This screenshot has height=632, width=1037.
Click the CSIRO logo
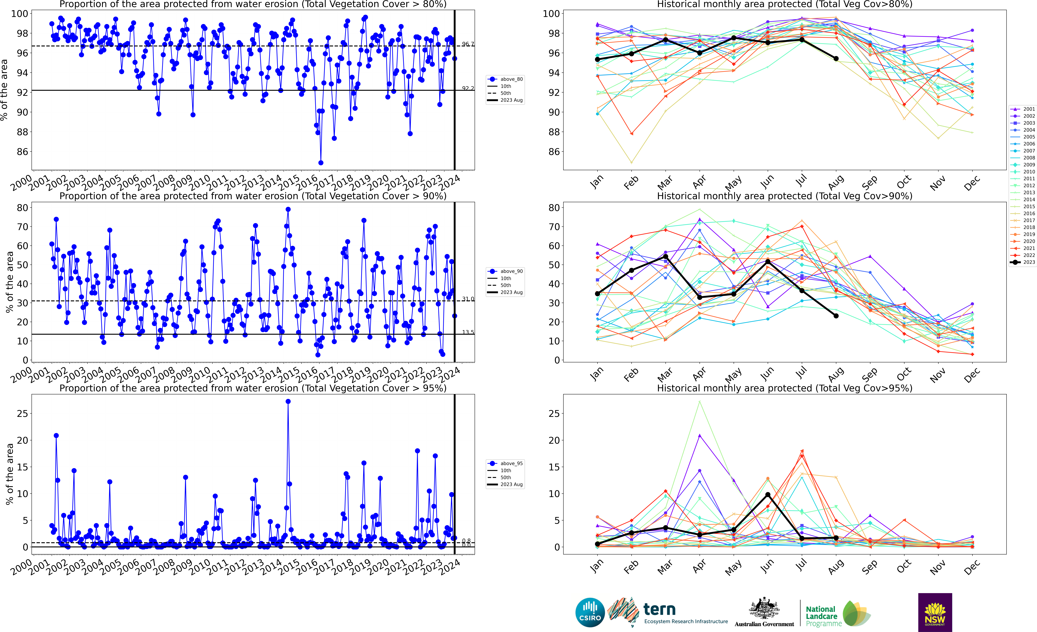point(590,612)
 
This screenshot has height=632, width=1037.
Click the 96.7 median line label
point(468,44)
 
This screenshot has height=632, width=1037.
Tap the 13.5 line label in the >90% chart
point(468,332)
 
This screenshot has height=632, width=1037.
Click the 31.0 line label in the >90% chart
point(468,299)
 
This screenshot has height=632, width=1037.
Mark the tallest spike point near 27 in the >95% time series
point(288,402)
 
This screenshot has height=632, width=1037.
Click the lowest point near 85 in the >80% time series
point(321,163)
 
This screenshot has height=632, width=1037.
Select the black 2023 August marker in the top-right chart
point(836,59)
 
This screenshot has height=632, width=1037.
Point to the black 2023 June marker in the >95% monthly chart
point(768,495)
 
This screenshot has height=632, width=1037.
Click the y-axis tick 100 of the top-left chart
point(19,14)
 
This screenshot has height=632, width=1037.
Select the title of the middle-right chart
point(785,196)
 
